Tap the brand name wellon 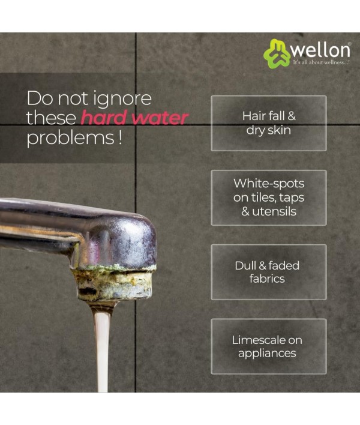[321, 50]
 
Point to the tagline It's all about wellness [321, 62]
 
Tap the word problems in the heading [70, 138]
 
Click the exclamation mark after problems [120, 137]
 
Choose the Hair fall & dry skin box [269, 123]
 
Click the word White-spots [269, 184]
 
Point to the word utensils [274, 211]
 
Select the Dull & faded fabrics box [269, 272]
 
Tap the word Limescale [259, 340]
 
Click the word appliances [267, 354]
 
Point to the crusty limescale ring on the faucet [114, 282]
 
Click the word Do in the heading [40, 98]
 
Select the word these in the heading [51, 118]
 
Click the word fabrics [267, 279]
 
